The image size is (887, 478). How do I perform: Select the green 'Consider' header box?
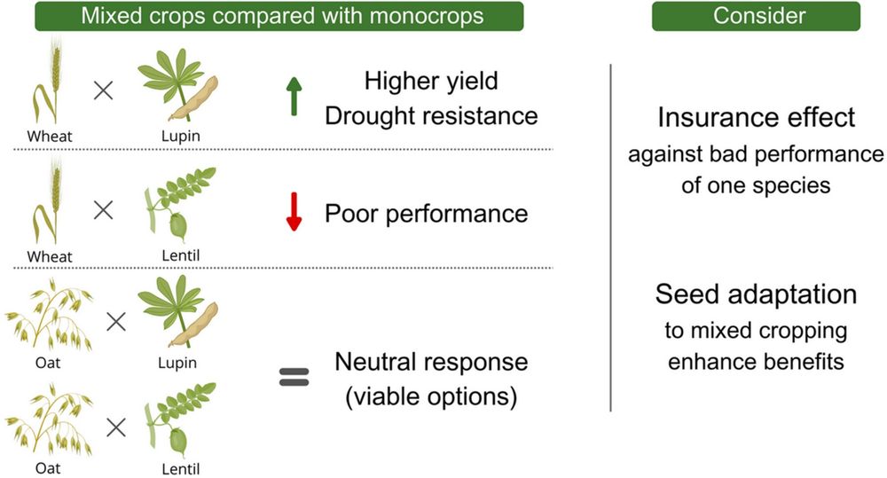(756, 16)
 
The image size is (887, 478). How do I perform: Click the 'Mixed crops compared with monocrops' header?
(279, 16)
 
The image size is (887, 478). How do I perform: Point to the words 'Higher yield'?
(431, 82)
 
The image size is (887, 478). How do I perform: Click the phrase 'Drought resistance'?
(431, 115)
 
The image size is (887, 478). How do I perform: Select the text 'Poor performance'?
(426, 213)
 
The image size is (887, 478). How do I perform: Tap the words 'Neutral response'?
(431, 362)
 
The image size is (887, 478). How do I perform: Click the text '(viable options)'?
(431, 396)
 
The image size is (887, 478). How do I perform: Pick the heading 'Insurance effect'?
(756, 118)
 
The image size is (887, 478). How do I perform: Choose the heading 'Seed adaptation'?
(756, 294)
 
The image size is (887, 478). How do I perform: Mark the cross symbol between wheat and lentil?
(104, 210)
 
